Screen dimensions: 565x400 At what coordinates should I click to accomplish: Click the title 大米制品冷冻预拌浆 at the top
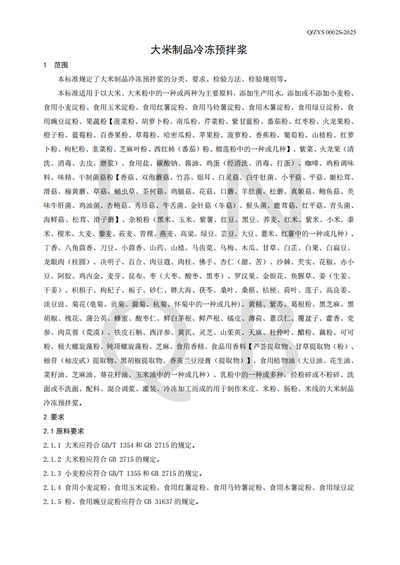(x=200, y=50)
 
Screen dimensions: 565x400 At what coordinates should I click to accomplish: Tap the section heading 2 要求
(x=54, y=417)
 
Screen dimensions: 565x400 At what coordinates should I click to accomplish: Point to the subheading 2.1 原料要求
(x=64, y=432)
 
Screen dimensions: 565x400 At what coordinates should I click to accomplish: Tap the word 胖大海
(x=182, y=291)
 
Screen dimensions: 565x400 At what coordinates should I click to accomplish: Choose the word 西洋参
(x=160, y=333)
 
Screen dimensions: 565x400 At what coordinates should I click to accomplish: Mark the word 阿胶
(x=52, y=276)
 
